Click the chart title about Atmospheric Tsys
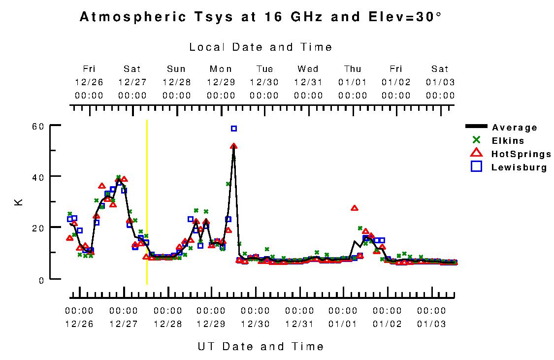coord(261,18)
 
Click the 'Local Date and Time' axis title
coord(261,47)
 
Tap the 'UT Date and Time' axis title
coord(261,346)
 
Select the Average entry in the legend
coord(514,128)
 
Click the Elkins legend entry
coord(508,141)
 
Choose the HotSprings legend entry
coord(521,154)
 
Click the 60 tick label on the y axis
coord(39,126)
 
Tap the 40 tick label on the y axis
coord(39,177)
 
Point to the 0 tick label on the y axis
coord(42,279)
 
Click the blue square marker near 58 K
coord(234,129)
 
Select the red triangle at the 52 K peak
coord(233,146)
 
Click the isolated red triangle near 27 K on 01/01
coord(354,208)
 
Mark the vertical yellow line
coord(147,202)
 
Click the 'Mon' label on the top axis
coord(221,69)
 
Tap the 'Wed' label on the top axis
coord(308,69)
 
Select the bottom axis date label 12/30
coord(255,324)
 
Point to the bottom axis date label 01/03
coord(431,324)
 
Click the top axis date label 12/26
coord(89,82)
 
